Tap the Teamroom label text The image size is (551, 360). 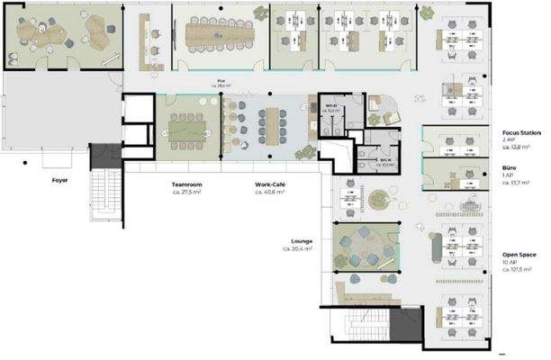coord(187,184)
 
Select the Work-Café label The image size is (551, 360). coord(271,184)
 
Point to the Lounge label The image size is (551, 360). coord(302,241)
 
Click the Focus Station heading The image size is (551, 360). coord(522,132)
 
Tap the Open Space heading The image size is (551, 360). coord(519,255)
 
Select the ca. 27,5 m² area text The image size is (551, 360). coord(186,192)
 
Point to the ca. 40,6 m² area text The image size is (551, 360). coord(270,192)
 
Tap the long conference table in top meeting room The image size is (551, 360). coord(221,34)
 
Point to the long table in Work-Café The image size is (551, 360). coord(270,121)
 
